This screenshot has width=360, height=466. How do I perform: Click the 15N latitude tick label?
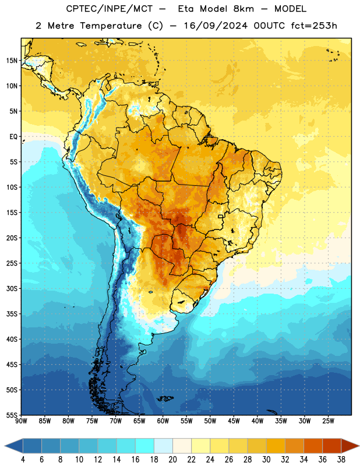(x=12, y=61)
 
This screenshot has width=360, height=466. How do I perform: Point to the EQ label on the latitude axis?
(x=13, y=137)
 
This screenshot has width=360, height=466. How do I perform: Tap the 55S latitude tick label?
(x=12, y=415)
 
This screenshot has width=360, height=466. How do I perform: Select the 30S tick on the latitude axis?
(x=12, y=288)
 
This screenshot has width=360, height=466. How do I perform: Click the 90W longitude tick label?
(x=21, y=421)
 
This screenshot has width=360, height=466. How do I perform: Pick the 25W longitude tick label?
(x=328, y=421)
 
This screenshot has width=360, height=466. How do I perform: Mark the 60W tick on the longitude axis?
(x=163, y=421)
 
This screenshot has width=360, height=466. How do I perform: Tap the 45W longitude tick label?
(x=234, y=421)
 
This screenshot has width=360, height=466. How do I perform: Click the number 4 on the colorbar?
(x=23, y=460)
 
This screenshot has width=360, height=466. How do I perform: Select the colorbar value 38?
(x=341, y=460)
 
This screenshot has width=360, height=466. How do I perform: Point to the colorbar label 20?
(x=172, y=460)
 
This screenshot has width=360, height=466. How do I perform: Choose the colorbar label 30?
(x=266, y=460)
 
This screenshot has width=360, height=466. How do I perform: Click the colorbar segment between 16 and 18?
(x=144, y=446)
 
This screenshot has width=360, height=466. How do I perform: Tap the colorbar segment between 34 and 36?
(x=313, y=446)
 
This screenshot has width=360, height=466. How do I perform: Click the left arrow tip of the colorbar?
(x=5, y=446)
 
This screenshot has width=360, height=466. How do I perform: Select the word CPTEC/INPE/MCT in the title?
(x=110, y=9)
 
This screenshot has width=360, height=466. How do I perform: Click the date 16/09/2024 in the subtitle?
(x=216, y=26)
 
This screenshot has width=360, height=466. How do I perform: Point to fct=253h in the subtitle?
(x=314, y=26)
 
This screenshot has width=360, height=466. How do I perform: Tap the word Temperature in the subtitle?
(x=111, y=26)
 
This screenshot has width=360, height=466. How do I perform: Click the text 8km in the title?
(x=243, y=9)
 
